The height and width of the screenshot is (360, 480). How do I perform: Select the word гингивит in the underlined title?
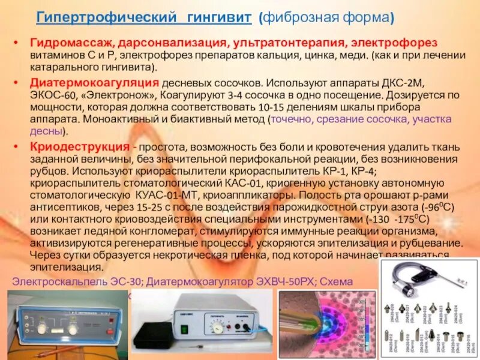click(x=218, y=18)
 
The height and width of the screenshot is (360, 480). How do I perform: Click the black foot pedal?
click(x=158, y=334)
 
